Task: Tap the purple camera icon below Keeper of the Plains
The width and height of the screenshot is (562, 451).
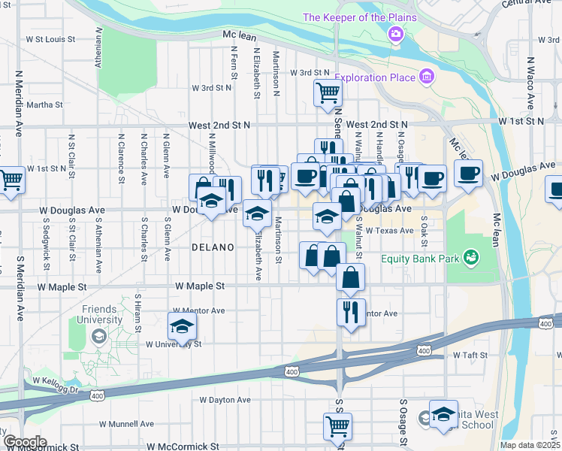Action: point(395,34)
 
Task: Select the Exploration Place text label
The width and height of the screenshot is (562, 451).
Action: point(375,77)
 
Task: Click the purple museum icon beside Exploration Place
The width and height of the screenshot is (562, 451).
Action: point(427,76)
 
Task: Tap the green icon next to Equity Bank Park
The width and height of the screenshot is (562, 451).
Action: point(471,259)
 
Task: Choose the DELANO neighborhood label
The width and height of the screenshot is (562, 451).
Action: point(213,247)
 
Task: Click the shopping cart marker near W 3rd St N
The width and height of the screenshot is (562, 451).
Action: point(328,93)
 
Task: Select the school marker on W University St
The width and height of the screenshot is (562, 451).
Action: point(181,327)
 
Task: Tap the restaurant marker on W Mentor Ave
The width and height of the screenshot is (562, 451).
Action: point(351,310)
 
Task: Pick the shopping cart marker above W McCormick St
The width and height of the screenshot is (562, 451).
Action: point(338,426)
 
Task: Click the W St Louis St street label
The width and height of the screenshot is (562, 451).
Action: point(50,38)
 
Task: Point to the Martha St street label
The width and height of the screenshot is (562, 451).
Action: point(44,105)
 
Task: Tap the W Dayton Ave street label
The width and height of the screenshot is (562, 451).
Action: point(227,400)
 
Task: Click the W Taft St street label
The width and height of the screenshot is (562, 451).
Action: point(470,355)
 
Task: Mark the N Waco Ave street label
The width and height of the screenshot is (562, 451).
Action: point(530,83)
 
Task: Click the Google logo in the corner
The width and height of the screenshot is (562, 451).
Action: point(24,441)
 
